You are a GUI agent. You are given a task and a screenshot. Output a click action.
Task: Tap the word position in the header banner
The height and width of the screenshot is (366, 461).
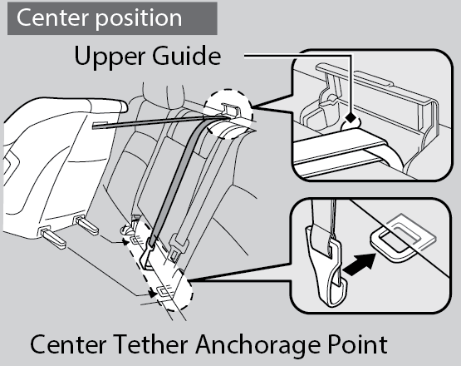coord(139,19)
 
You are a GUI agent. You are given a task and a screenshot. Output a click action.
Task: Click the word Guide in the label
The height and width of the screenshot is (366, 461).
coord(187,56)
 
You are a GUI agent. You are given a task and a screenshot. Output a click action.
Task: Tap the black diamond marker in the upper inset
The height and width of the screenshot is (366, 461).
coord(351,118)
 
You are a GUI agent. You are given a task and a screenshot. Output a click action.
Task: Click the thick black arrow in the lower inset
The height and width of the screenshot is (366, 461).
coord(360,265)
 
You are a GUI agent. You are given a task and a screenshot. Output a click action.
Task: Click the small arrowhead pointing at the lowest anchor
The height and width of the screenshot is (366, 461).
coord(153,294)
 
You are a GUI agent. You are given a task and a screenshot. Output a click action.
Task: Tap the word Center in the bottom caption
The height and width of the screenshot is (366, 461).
coord(68,344)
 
